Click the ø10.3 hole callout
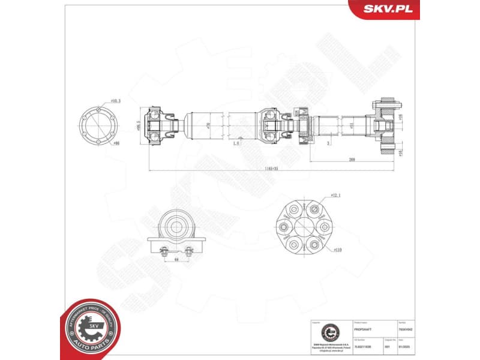(x=116, y=101)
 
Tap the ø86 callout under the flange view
(x=116, y=143)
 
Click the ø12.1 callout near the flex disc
(x=335, y=196)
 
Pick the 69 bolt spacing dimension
(x=176, y=260)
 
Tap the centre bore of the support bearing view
(x=177, y=227)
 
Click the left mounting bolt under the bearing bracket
(x=163, y=251)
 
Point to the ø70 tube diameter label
(x=208, y=125)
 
